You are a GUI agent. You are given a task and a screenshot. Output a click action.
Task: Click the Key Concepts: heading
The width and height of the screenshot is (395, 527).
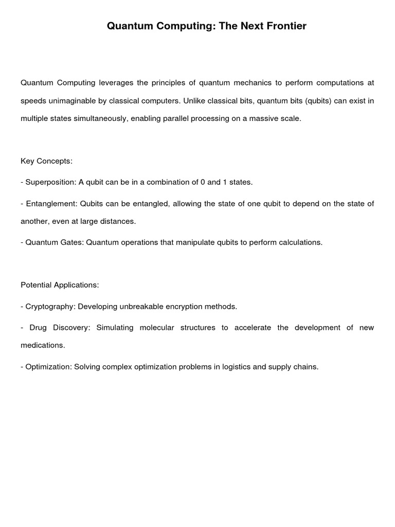46,161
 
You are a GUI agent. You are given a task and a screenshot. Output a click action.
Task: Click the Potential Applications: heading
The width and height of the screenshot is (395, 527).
60,285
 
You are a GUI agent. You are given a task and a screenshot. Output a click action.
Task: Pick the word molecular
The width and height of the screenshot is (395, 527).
157,327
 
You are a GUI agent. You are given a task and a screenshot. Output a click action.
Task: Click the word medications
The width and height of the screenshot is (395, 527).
43,345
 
